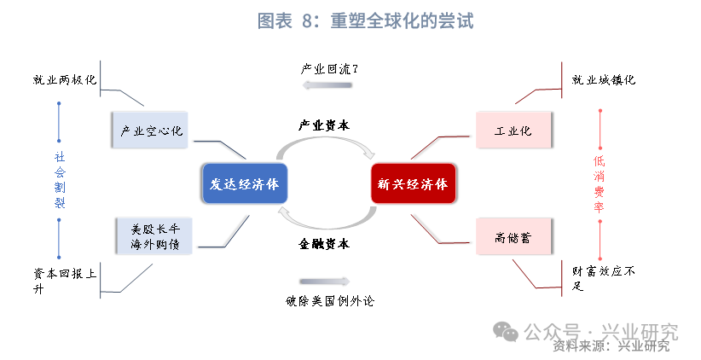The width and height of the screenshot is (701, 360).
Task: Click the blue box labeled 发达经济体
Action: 245,183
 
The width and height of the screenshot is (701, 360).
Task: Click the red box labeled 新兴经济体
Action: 414,183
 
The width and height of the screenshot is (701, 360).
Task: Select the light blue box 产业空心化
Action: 150,131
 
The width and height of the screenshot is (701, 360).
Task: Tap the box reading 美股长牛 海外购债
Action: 154,236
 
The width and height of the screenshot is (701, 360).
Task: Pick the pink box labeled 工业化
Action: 513,131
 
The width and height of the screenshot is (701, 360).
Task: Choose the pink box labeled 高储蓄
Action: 513,236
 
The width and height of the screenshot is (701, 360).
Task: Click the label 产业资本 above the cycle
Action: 324,125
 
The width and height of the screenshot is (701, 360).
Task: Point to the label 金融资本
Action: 324,244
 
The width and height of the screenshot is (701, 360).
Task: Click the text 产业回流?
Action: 329,69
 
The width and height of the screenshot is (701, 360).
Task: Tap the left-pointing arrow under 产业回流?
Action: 327,85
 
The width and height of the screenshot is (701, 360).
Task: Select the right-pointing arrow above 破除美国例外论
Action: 325,282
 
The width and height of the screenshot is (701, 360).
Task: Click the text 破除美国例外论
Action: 330,301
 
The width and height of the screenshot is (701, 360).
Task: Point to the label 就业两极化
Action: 65,80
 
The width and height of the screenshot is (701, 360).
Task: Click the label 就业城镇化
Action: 604,80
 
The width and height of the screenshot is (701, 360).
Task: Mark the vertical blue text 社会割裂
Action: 60,180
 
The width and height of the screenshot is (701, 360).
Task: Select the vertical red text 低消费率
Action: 599,184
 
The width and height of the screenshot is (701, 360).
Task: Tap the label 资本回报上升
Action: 65,281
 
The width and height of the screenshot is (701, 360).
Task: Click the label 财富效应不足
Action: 604,278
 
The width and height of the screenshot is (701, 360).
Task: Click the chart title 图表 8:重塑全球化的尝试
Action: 365,21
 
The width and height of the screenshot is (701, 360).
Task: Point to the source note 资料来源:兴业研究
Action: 611,345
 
